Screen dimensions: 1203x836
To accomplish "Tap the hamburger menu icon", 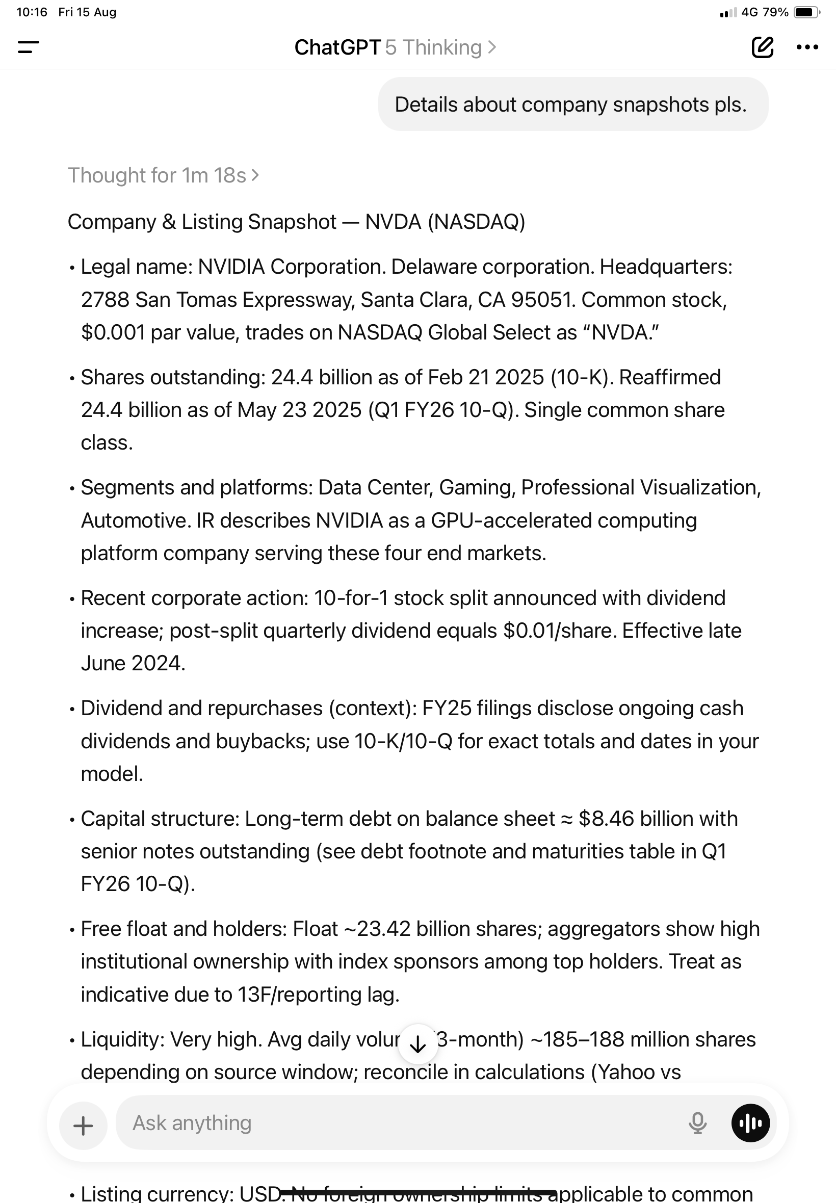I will pyautogui.click(x=28, y=47).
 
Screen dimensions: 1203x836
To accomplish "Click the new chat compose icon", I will pyautogui.click(x=762, y=47).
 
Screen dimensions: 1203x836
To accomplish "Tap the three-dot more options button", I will pyautogui.click(x=806, y=47).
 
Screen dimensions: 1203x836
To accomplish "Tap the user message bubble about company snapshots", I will pyautogui.click(x=572, y=104).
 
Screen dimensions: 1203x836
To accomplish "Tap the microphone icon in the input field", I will pyautogui.click(x=697, y=1123).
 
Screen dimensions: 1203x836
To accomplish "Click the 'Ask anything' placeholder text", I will pyautogui.click(x=192, y=1123).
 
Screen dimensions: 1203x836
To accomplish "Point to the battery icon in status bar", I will pyautogui.click(x=806, y=12).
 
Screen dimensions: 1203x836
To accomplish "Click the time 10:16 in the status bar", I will pyautogui.click(x=32, y=12).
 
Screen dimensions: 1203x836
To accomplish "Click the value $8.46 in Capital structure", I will pyautogui.click(x=606, y=819).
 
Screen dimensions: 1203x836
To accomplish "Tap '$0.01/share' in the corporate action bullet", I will pyautogui.click(x=560, y=631).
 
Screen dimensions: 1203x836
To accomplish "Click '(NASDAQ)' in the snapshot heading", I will pyautogui.click(x=476, y=222).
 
